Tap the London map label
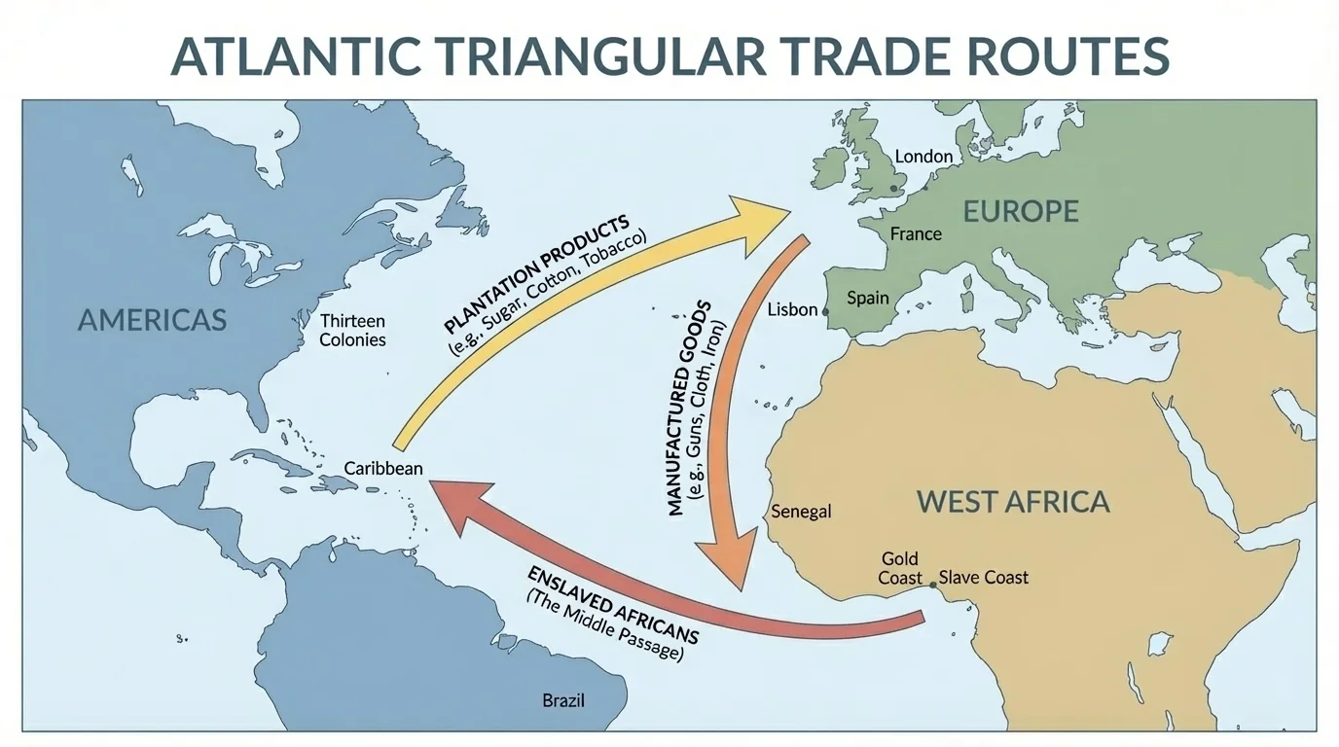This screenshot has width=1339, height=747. tap(923, 156)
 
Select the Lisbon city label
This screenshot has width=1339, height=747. tap(792, 309)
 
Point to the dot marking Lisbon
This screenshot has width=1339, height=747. tap(825, 311)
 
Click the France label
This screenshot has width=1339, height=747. tap(916, 233)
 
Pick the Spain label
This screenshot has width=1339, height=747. tap(868, 298)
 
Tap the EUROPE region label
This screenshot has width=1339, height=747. tap(1021, 211)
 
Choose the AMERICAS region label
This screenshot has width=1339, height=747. tap(152, 319)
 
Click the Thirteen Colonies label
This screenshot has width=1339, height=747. tap(352, 331)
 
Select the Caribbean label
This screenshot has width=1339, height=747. tap(383, 469)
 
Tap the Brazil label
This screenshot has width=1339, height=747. tap(563, 699)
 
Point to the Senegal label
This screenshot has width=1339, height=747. tap(801, 512)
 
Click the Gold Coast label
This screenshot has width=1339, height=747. tap(900, 568)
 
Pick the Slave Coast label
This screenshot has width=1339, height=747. tap(983, 578)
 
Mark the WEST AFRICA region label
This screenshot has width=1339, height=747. tap(1013, 502)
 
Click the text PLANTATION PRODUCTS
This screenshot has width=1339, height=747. tap(536, 273)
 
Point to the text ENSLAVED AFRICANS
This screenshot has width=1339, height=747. tap(613, 601)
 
